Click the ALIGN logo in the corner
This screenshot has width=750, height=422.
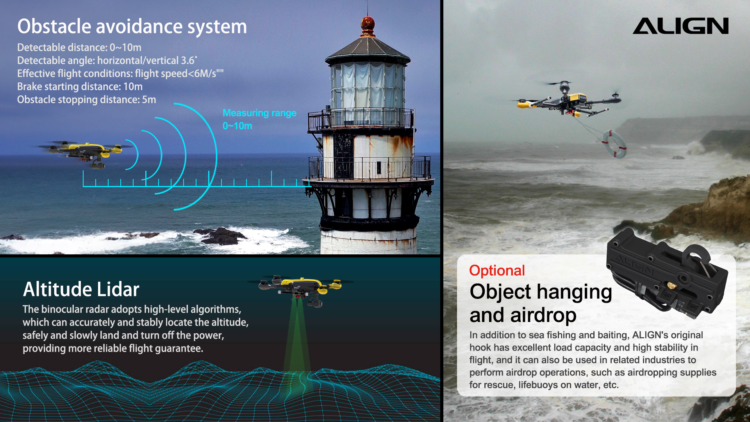tap(680, 26)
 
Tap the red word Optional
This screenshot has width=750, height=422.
tap(497, 270)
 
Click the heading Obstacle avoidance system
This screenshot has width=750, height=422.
tap(132, 27)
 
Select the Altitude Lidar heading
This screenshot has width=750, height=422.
tap(81, 289)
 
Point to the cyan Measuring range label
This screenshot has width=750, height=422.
tap(259, 113)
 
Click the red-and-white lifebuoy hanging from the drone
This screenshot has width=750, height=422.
tap(614, 144)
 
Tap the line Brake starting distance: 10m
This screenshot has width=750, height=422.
tap(80, 86)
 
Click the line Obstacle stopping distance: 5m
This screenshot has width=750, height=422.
tap(86, 100)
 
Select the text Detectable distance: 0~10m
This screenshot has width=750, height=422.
tap(79, 47)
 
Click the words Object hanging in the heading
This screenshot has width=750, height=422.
tap(541, 292)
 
